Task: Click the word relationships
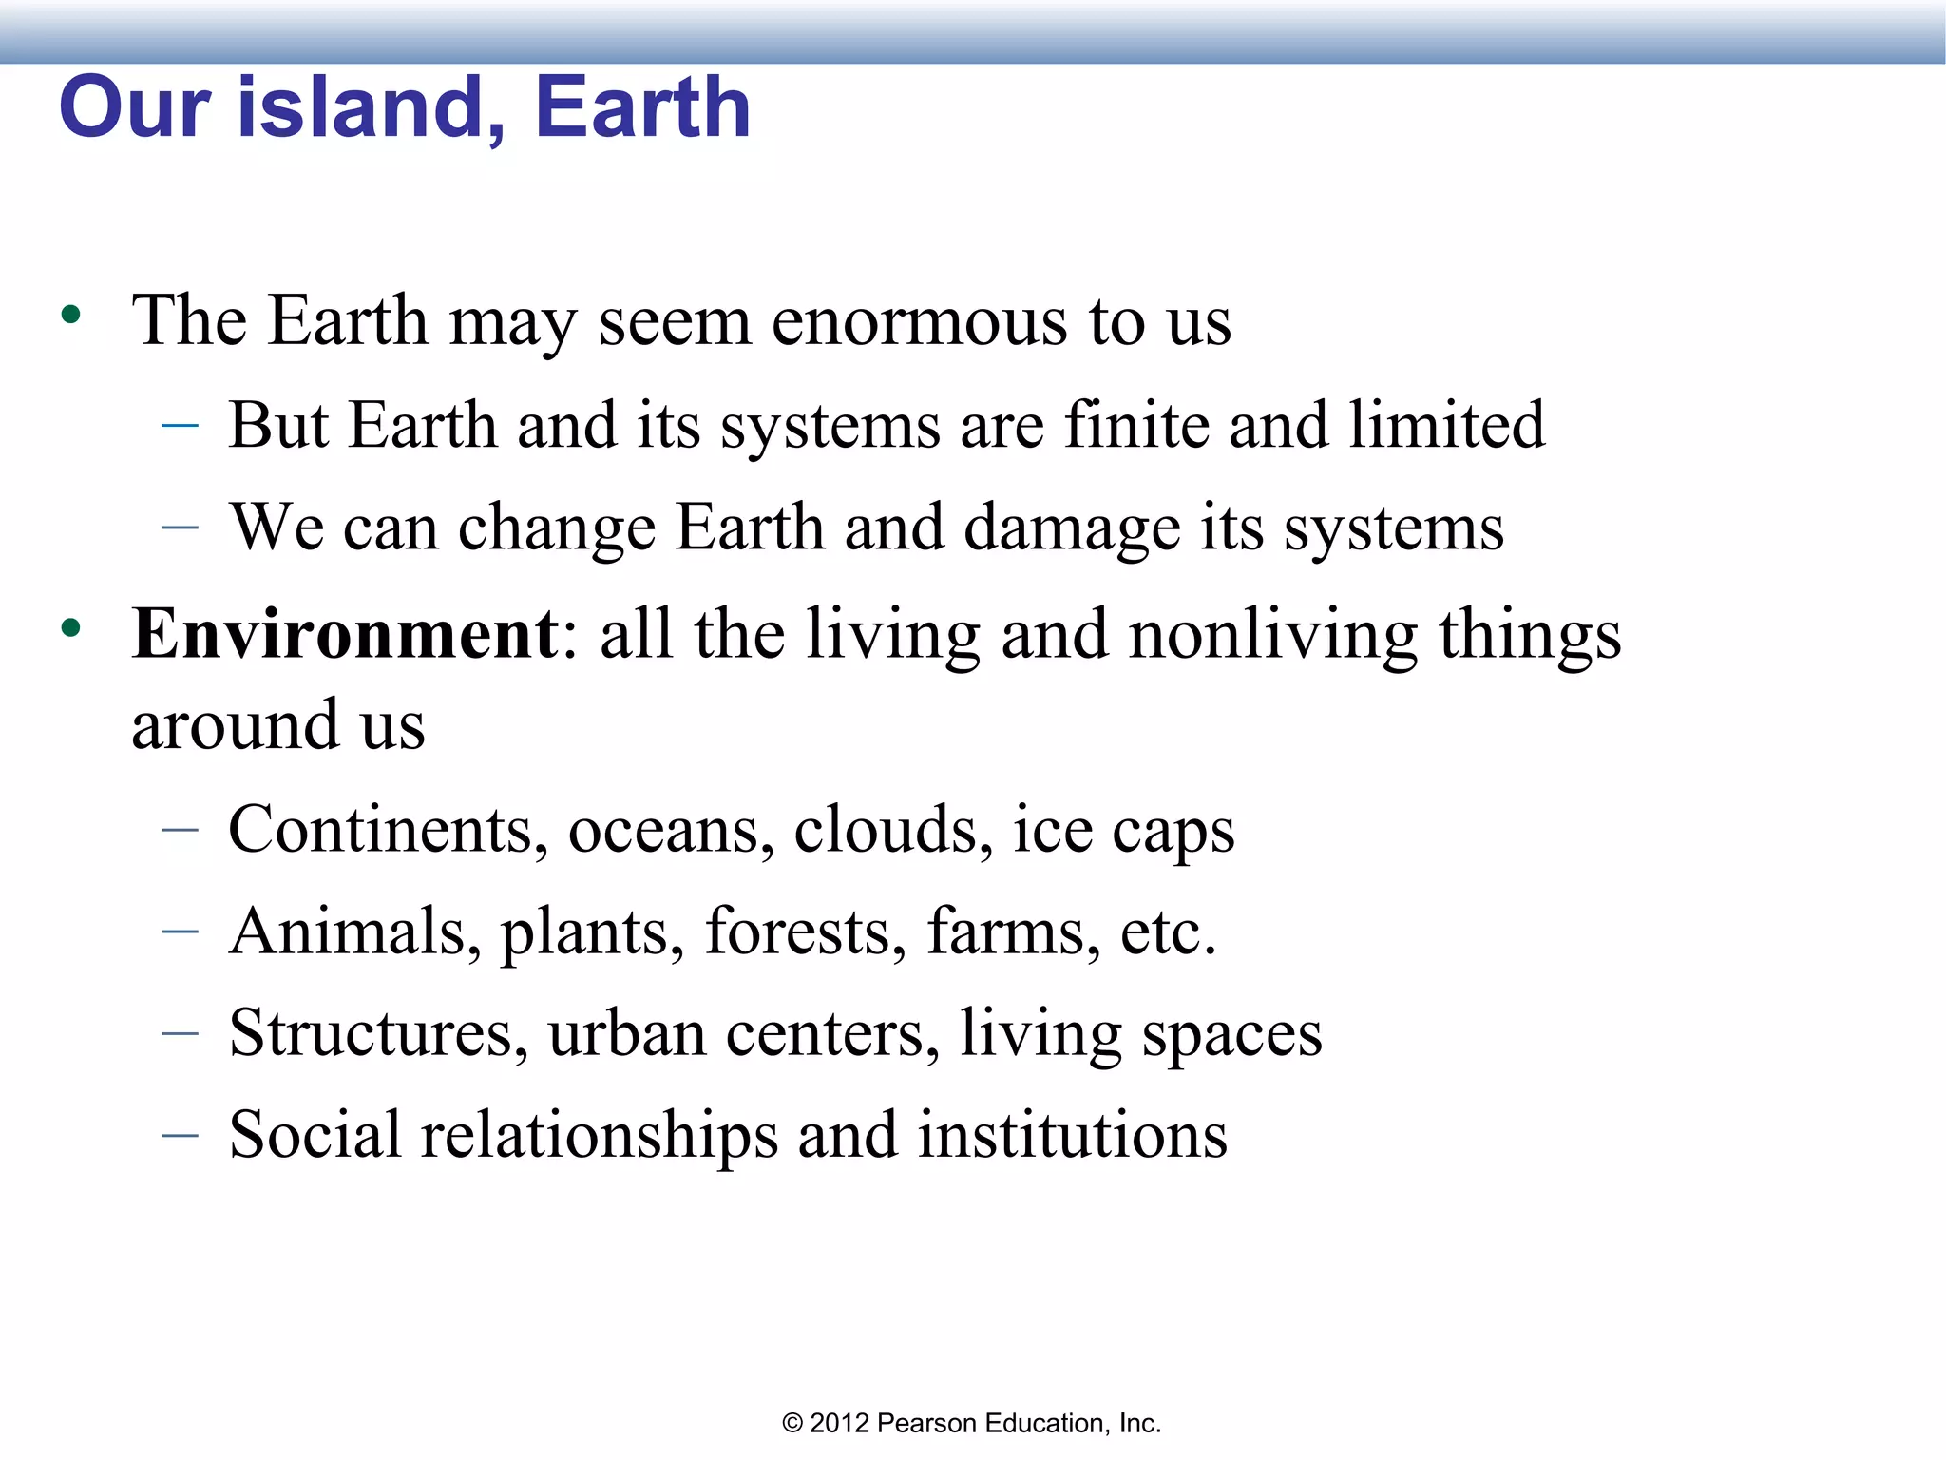point(599,1135)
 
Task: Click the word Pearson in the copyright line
point(926,1423)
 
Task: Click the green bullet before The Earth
point(70,316)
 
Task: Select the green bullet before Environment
point(70,628)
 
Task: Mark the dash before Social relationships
point(180,1134)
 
